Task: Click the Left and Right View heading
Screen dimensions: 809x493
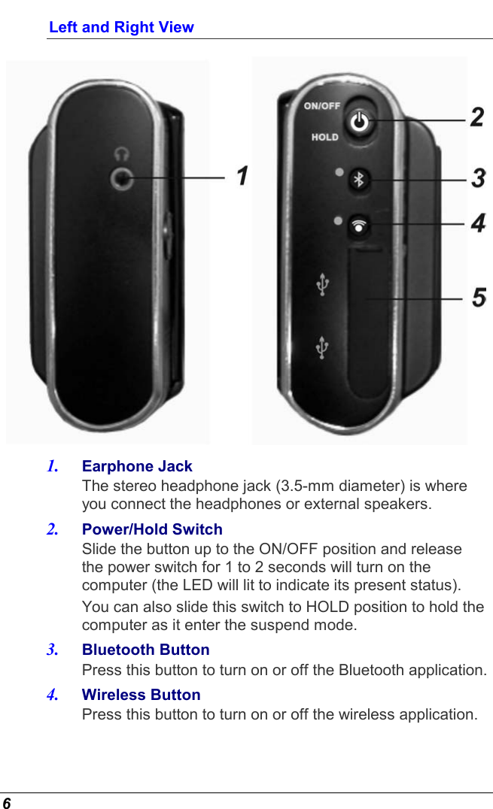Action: [121, 27]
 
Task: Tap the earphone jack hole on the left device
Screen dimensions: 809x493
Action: [121, 178]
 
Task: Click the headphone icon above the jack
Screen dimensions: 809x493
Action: [121, 154]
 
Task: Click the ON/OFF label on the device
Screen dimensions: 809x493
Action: [321, 106]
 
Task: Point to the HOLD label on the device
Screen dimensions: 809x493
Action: [324, 137]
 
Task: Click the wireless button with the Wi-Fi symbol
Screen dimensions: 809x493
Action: [360, 224]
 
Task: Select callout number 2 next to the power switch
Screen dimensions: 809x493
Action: [477, 117]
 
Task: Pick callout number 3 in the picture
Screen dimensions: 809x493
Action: [478, 179]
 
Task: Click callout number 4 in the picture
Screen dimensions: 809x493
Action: [478, 223]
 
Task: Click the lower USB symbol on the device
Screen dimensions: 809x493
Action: [322, 347]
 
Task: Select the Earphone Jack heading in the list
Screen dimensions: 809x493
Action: [137, 466]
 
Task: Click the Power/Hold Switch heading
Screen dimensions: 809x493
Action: [152, 529]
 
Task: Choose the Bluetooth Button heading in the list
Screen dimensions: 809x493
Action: [145, 650]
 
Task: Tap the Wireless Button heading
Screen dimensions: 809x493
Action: [141, 695]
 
